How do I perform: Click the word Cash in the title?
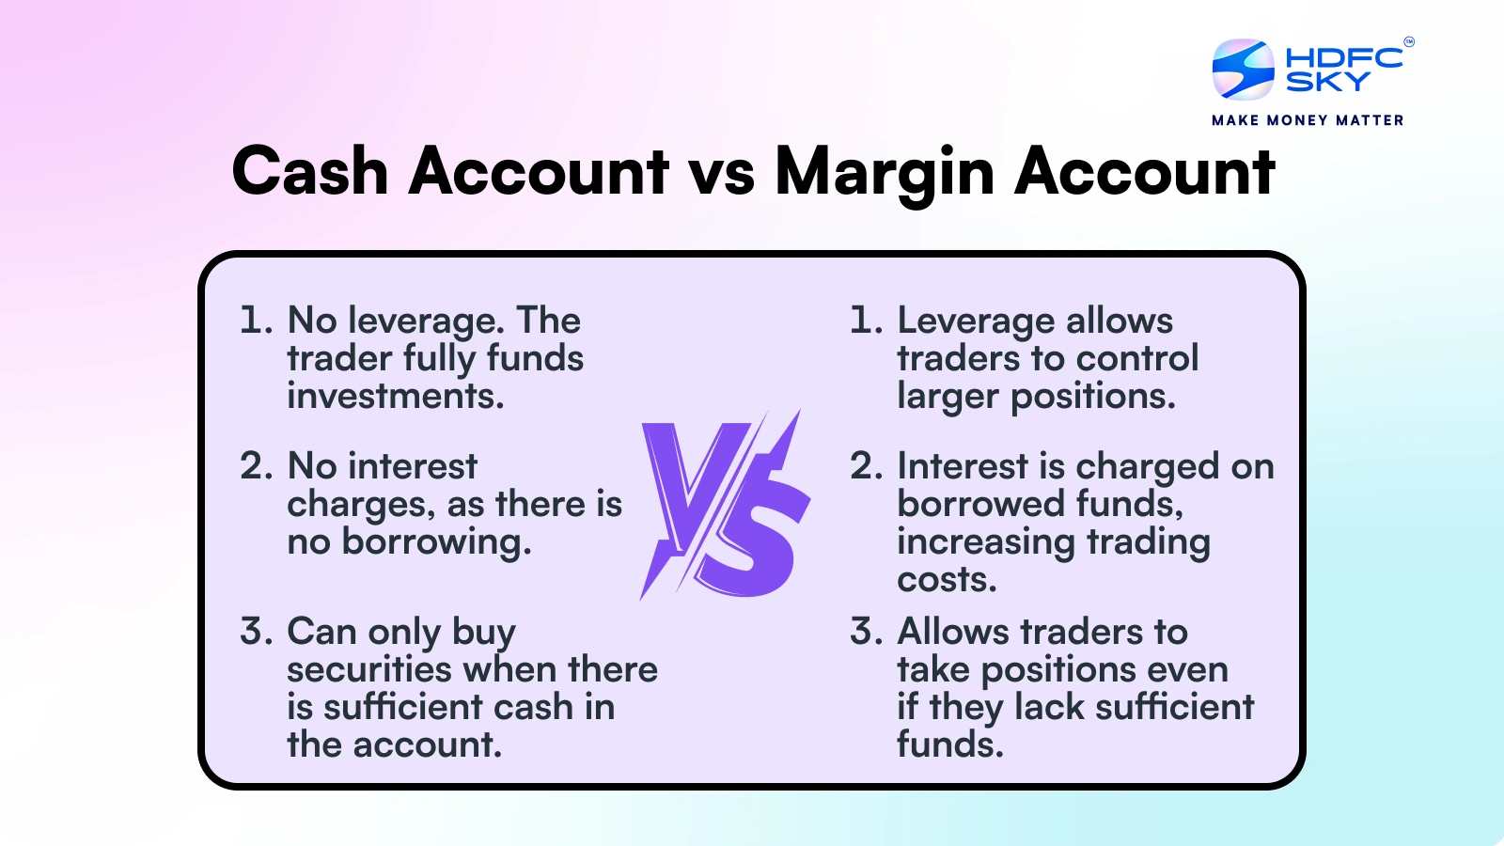tap(310, 172)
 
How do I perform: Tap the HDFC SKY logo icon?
tap(1243, 69)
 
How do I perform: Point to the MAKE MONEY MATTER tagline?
tap(1308, 120)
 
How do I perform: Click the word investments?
tap(396, 397)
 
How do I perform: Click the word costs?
tap(947, 580)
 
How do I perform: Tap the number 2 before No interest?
tap(256, 466)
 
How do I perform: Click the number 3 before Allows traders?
tap(866, 632)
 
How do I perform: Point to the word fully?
tap(439, 359)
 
